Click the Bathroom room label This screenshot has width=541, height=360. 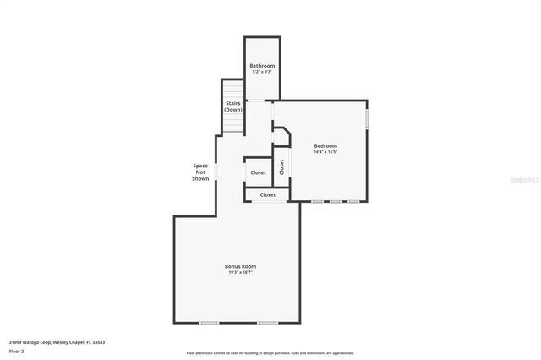click(261, 66)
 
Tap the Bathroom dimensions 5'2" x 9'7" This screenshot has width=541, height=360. click(261, 72)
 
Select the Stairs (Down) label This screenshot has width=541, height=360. click(233, 106)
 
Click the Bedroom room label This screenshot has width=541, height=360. click(325, 145)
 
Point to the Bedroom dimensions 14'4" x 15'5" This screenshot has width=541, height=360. click(325, 152)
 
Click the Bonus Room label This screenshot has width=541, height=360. click(240, 266)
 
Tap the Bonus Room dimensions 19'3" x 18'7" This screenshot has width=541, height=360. click(240, 272)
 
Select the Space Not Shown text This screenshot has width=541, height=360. click(200, 172)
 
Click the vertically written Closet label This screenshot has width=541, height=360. click(281, 167)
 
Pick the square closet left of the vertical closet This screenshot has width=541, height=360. click(258, 172)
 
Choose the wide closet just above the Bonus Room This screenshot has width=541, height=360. click(267, 194)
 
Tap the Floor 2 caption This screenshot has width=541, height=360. click(16, 352)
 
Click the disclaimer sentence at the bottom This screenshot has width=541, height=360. click(270, 352)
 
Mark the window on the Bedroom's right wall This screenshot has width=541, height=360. click(367, 119)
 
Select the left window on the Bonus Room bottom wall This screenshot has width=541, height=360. click(209, 322)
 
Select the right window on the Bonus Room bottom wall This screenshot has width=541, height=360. click(268, 322)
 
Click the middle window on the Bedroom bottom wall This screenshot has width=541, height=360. click(335, 201)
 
